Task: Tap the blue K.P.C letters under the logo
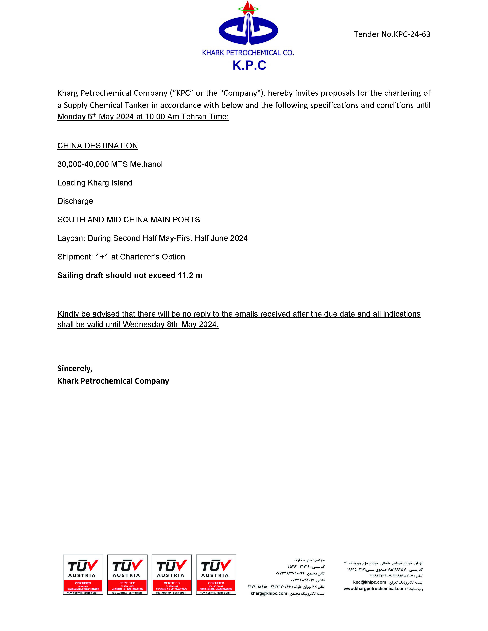pos(249,65)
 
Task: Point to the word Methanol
pos(146,164)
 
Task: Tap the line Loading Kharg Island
pos(95,183)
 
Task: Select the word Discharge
pos(75,201)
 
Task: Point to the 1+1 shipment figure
pos(102,257)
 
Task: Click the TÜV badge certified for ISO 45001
pos(83,574)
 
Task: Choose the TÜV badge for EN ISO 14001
pos(127,574)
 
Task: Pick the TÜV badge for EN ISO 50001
pos(216,574)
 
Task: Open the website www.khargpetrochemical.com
pos(374,589)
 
